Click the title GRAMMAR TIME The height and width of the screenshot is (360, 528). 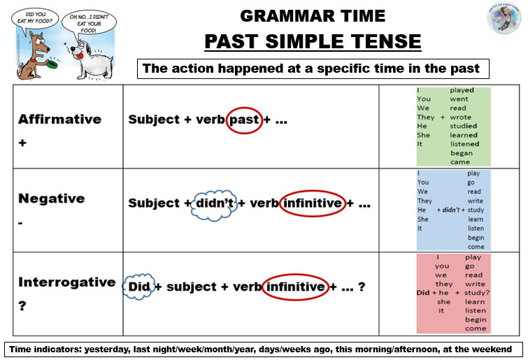(313, 15)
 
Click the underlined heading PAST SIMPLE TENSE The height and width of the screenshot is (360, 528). (313, 41)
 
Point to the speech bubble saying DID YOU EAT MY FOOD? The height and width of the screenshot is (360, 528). (27, 17)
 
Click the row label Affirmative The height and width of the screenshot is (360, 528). (59, 119)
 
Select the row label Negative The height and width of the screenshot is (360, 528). (51, 198)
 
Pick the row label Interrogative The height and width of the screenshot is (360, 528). (66, 282)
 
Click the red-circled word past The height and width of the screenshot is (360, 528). (244, 120)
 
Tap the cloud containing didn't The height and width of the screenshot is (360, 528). (213, 203)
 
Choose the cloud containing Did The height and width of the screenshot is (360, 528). (138, 287)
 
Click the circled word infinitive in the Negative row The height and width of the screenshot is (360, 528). (313, 203)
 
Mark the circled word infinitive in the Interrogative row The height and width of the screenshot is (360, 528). (297, 287)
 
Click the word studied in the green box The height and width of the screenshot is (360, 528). (463, 126)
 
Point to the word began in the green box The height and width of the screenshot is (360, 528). (461, 152)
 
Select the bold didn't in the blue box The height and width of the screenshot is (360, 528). (450, 210)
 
